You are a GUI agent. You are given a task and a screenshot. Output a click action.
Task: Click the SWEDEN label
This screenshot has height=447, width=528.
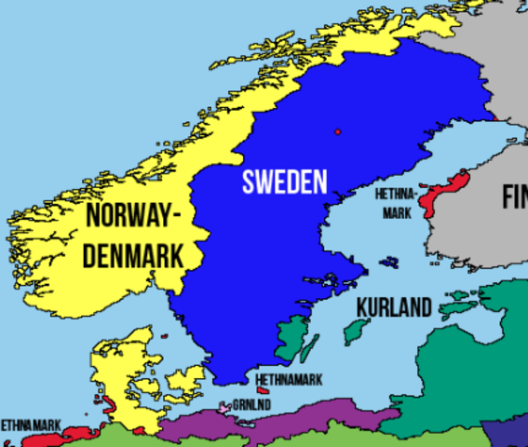pos(285,182)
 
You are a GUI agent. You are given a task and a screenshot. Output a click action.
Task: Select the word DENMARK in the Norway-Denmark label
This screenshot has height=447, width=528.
pos(132,255)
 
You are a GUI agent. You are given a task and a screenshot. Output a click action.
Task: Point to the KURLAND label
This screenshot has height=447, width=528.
pos(394,307)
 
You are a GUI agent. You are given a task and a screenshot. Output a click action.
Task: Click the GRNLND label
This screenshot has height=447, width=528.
pos(252,404)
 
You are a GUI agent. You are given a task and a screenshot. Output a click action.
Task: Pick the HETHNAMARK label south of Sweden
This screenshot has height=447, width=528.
pos(290,380)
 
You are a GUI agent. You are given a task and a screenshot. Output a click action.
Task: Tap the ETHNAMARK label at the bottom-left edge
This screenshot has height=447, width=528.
pos(30,424)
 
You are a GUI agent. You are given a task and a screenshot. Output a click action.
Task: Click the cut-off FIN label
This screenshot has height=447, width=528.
pos(514,197)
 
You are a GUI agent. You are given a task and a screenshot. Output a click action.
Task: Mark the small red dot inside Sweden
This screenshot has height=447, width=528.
pos(337,131)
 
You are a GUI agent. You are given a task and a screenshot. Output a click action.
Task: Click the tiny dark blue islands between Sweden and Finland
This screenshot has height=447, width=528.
pos(389,263)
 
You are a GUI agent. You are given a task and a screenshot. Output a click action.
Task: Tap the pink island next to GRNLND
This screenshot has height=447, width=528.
pos(224,407)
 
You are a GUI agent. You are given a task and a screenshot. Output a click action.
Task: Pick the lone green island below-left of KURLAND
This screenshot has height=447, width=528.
pos(355,331)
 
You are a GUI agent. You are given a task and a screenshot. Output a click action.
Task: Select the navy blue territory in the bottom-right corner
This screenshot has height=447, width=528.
pos(508,433)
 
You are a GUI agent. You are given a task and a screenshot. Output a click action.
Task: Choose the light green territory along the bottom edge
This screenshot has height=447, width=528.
pos(121,439)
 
